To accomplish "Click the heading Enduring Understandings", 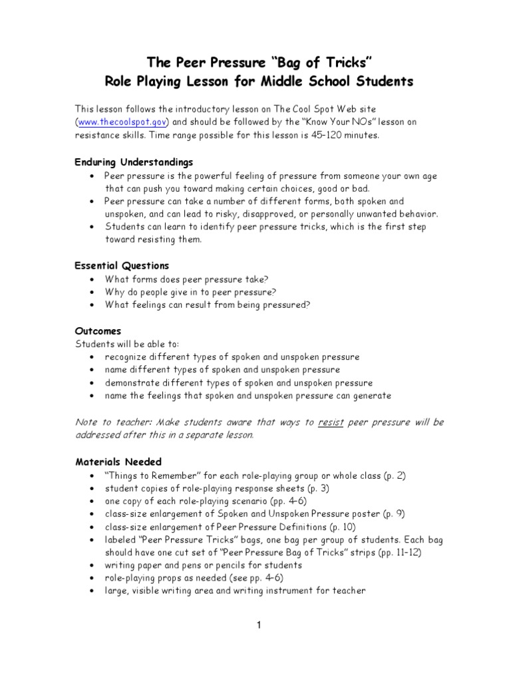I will click(134, 162).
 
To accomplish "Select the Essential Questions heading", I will click(122, 265).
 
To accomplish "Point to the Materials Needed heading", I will click(118, 462).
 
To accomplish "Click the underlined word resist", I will click(331, 422).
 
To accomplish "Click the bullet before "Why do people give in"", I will click(91, 292).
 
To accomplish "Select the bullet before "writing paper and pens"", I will click(91, 565).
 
